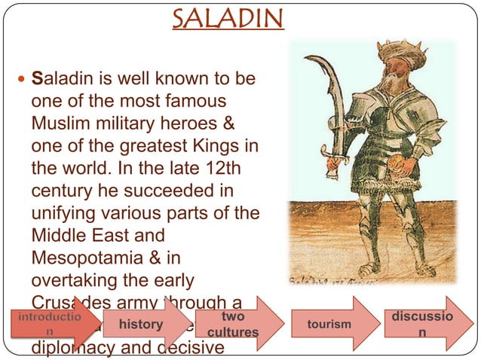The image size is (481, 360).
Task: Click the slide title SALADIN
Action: [x=228, y=17]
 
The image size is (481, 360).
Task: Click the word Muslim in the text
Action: [x=63, y=121]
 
